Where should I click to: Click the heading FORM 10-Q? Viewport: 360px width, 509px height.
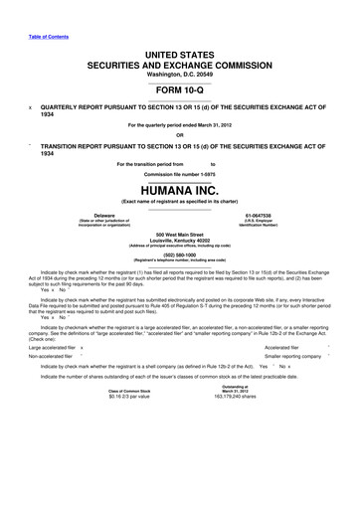coord(179,86)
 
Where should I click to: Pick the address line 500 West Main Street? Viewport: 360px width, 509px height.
coord(179,235)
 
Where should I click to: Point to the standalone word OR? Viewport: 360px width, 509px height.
coord(179,136)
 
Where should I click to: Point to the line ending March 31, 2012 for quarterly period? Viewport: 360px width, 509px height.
coord(179,123)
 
